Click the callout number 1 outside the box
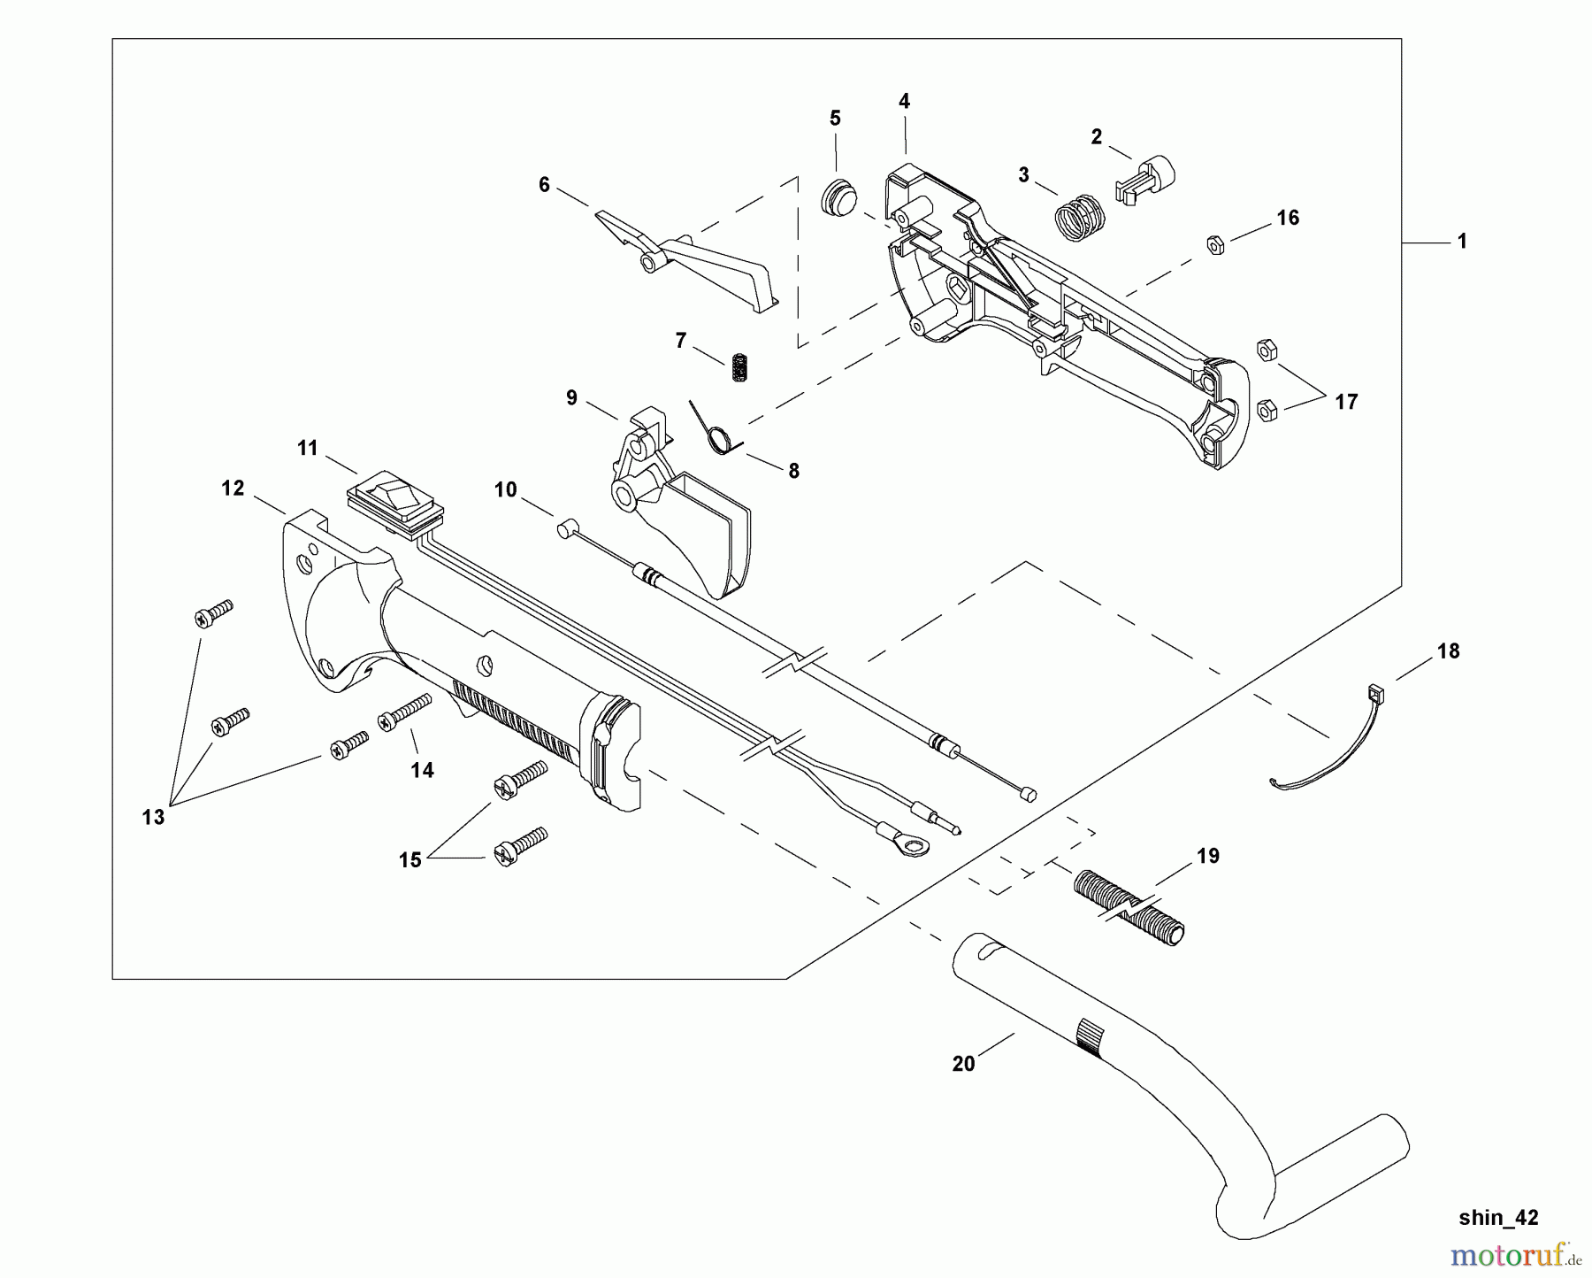1462,241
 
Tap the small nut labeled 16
1216,244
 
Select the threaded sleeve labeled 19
1129,907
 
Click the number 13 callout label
153,817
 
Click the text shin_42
1498,1218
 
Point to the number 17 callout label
1345,403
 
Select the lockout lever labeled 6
690,258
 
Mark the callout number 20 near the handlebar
963,1064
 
